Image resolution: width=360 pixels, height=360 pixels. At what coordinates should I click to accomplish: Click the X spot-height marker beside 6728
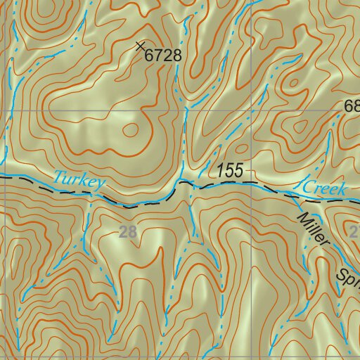pos(139,46)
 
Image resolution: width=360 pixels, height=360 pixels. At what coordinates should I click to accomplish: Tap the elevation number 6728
pos(163,56)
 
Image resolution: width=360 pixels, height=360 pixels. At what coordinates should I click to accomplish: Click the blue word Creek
pos(324,188)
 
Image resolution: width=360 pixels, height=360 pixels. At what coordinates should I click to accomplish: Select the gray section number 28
pos(127,233)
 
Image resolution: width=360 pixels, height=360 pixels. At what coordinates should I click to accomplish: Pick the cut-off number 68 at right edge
pos(352,107)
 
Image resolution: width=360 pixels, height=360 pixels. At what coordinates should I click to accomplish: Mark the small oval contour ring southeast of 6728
pos(131,129)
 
